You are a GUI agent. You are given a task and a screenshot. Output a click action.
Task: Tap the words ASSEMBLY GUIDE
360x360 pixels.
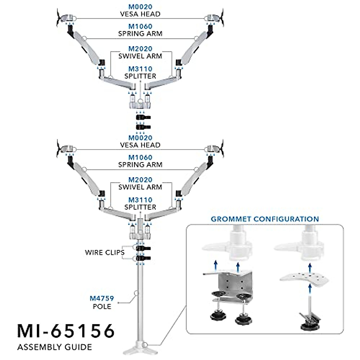click(x=55, y=347)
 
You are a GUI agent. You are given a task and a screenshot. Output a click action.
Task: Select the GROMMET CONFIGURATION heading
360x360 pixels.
click(x=265, y=219)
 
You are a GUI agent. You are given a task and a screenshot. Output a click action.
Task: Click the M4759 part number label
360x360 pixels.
click(x=102, y=298)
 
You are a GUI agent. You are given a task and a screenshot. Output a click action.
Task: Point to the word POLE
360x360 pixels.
click(x=102, y=307)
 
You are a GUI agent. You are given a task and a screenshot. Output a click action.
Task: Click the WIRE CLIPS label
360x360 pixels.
click(x=104, y=252)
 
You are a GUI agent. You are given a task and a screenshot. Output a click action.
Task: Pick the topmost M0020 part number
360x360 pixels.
click(x=140, y=7)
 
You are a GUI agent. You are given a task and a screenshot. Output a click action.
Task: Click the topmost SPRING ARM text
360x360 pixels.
click(x=140, y=34)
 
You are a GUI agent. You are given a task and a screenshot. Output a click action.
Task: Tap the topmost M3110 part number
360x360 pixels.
click(x=140, y=69)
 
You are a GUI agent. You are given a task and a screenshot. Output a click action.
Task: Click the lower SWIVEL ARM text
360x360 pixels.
click(x=140, y=187)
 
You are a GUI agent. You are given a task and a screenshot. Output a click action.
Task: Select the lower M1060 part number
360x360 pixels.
click(x=140, y=157)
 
